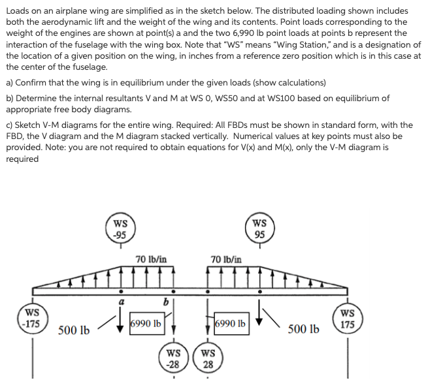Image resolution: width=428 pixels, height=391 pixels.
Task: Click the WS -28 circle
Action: tap(173, 358)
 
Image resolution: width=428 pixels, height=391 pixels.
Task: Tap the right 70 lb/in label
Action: tap(226, 259)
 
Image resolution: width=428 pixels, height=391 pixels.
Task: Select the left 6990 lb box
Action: tap(146, 324)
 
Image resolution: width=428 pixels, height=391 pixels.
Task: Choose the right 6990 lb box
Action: tap(231, 324)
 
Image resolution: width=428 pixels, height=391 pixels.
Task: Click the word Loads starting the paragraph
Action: tap(18, 11)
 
